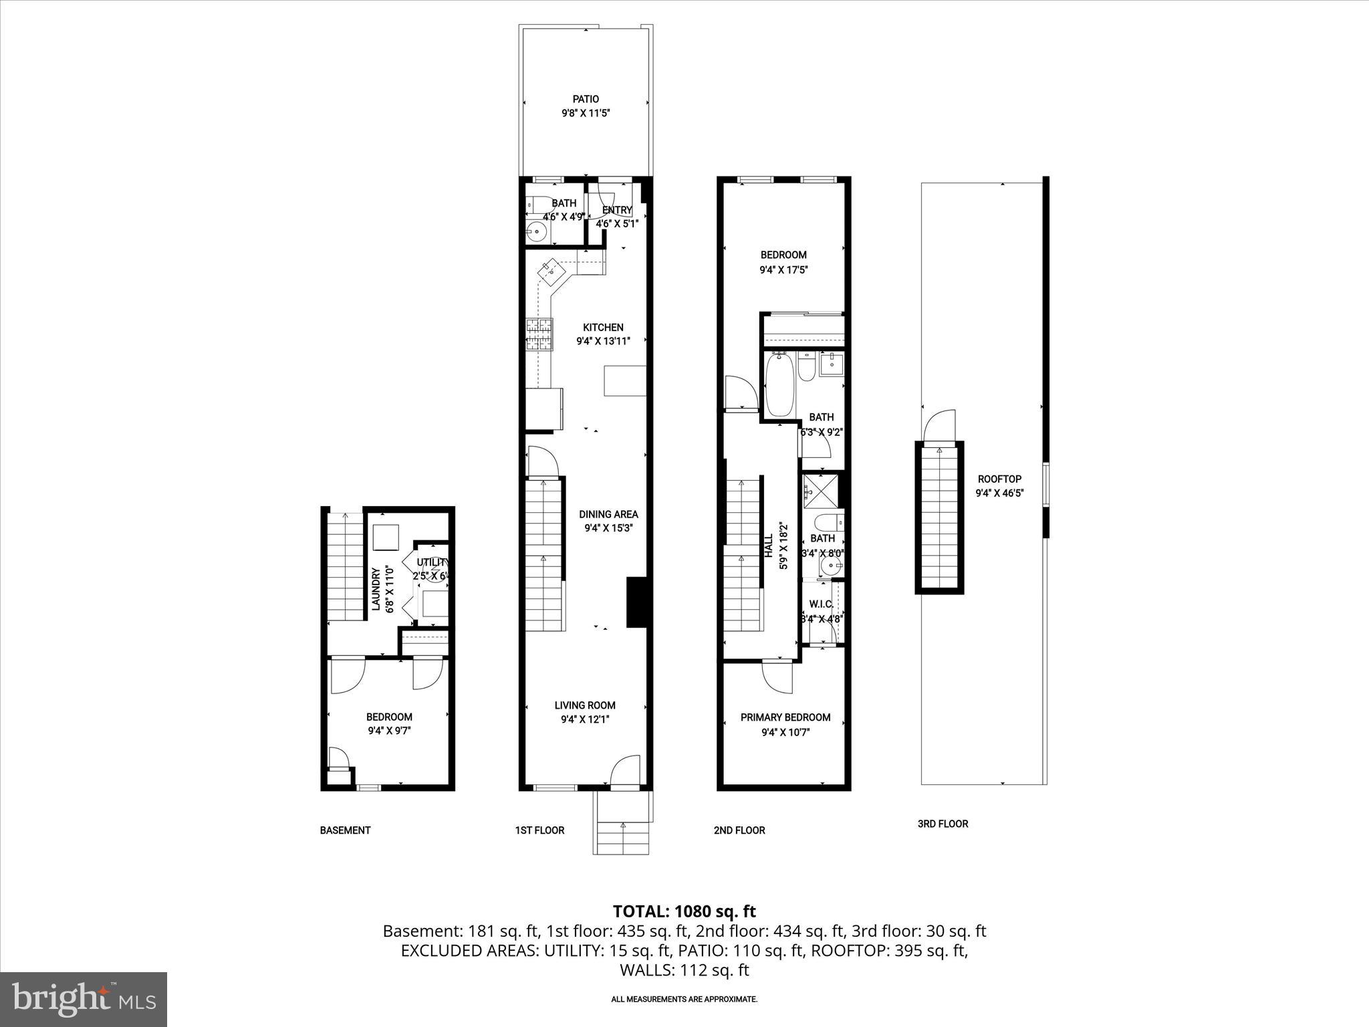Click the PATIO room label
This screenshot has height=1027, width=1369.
585,100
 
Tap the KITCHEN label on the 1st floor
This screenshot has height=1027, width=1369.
603,328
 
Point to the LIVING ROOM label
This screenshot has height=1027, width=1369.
585,705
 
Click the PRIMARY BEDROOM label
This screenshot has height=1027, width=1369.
785,717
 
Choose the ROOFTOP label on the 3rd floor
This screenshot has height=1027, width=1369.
999,479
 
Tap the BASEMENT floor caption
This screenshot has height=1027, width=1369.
345,830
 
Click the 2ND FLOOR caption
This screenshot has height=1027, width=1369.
739,830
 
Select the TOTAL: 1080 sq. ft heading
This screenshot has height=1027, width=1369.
684,911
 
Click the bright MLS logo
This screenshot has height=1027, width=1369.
84,999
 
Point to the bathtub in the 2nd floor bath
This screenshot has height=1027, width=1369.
779,385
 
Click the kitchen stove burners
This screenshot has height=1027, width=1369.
539,334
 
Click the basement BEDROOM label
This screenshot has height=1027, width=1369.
389,717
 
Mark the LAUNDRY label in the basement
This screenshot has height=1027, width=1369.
376,589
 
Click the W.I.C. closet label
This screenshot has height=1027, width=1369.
821,604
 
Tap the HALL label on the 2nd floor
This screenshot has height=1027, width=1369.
769,546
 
